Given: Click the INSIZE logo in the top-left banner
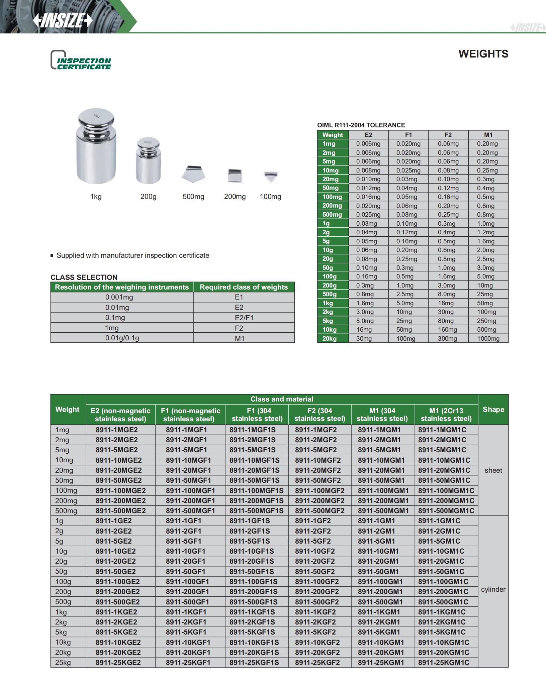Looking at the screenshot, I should (x=62, y=21).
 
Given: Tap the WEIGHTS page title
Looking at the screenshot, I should (x=483, y=54).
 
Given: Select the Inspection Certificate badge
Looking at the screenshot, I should (x=81, y=61).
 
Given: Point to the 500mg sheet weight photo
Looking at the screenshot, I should (x=193, y=174).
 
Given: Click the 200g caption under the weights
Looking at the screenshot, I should (x=148, y=197).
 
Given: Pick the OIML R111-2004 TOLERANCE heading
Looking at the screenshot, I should (x=361, y=125).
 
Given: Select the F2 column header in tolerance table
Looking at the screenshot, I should (x=448, y=135).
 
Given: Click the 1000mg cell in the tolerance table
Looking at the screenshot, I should (x=488, y=339).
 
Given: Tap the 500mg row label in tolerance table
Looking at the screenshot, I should (x=332, y=215).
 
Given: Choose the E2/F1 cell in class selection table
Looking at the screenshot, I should (x=244, y=318).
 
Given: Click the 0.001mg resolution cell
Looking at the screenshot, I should (x=119, y=297).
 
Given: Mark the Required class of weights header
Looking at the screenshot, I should (x=244, y=287).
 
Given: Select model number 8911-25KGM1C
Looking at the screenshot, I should (x=444, y=662).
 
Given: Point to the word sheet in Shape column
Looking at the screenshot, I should (x=493, y=470).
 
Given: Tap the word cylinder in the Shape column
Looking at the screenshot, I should (x=493, y=589).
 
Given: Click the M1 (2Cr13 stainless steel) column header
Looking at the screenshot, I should (x=446, y=415).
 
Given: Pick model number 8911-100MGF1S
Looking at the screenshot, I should (x=256, y=490).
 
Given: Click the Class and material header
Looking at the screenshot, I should (x=282, y=399).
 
